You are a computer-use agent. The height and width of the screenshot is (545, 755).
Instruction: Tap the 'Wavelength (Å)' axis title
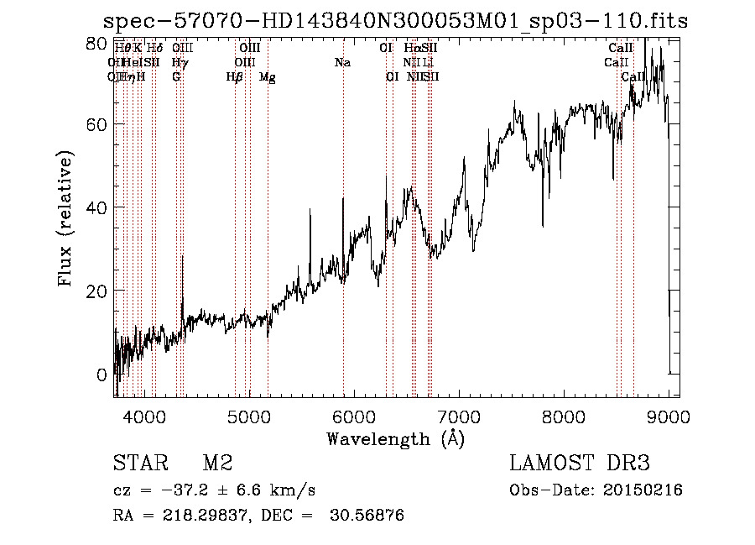coord(395,438)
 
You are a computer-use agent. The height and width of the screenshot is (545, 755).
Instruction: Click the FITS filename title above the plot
coord(395,22)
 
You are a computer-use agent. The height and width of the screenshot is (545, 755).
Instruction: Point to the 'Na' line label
coord(342,62)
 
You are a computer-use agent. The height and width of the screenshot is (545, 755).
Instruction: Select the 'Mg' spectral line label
coord(268,77)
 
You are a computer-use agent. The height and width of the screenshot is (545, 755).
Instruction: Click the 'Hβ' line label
coord(235,76)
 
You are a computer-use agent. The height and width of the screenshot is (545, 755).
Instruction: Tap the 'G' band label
coord(176,76)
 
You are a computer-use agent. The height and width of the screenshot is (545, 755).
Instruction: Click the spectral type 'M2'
coord(217,464)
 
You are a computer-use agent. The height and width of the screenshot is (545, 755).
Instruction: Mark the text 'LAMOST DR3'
coord(580,464)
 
